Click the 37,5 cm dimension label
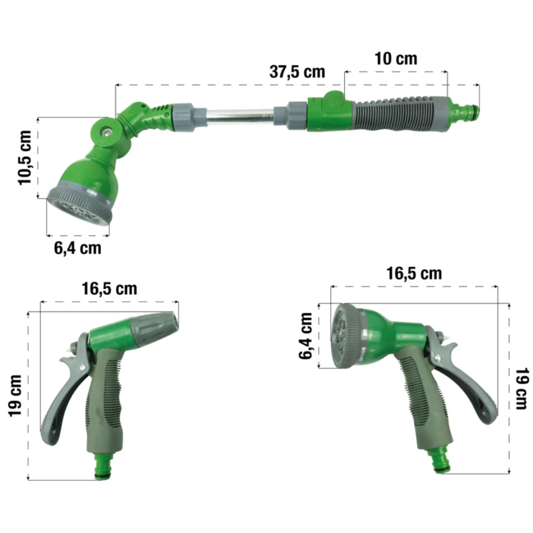tap(297, 72)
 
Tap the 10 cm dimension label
tap(395, 59)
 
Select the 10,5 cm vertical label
tap(25, 158)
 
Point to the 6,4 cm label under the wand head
tap(77, 248)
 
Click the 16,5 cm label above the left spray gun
tap(109, 289)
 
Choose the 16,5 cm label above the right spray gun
tap(414, 273)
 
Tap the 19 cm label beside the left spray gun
tap(15, 395)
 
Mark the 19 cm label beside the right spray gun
tap(522, 389)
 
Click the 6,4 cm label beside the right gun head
tap(305, 336)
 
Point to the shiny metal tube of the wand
tap(240, 116)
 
